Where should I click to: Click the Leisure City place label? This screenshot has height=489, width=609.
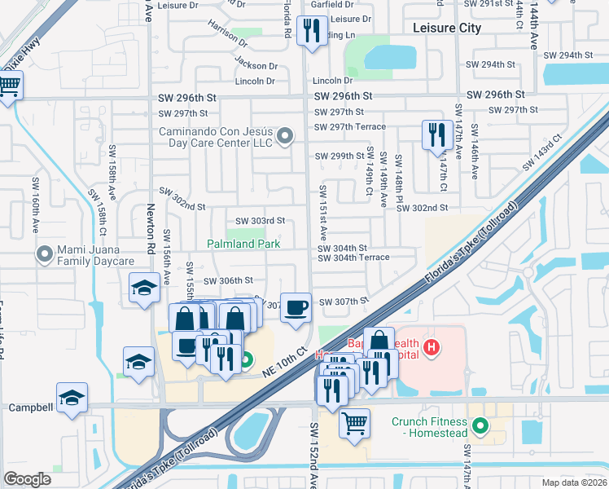(x=447, y=28)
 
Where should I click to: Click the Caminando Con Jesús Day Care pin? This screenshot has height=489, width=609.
(x=284, y=137)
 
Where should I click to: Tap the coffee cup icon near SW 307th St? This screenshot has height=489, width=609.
(x=296, y=307)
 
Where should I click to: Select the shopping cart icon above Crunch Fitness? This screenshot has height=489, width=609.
(x=354, y=424)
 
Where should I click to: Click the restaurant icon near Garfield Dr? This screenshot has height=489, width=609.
(x=312, y=31)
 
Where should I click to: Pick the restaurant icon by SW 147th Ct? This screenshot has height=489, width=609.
(x=436, y=134)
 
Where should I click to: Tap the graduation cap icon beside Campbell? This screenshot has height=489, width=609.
(x=72, y=399)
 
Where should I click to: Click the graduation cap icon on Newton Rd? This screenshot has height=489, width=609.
(x=144, y=288)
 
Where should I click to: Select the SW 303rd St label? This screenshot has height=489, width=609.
(x=260, y=221)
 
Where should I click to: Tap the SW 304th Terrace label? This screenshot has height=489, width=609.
(x=353, y=258)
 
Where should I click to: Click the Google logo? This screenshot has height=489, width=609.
(x=28, y=479)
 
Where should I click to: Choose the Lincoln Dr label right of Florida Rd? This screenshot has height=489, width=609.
(x=332, y=81)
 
